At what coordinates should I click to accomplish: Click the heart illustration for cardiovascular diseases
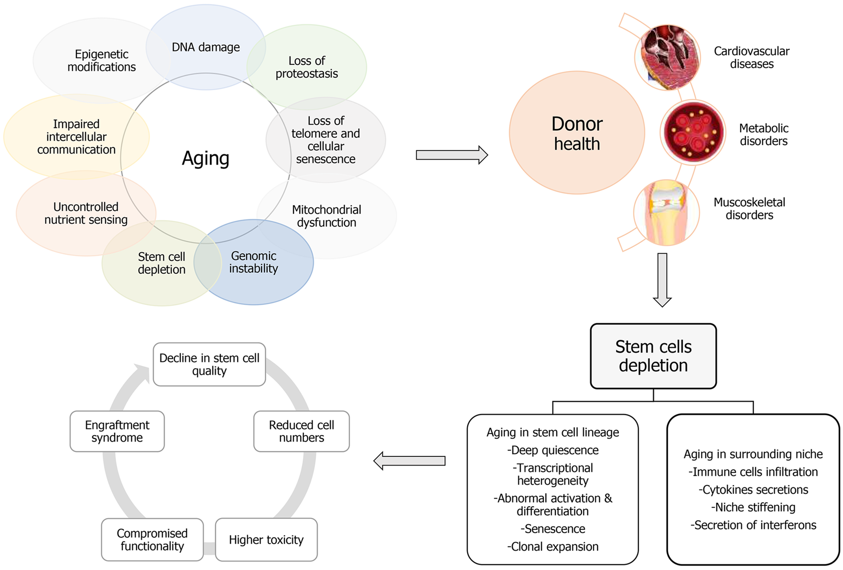pos(667,57)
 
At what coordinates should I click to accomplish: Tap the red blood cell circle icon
pos(693,132)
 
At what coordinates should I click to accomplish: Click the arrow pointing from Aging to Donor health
pos(452,155)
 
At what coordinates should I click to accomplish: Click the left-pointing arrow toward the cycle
pos(409,461)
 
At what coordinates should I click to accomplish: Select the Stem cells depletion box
pos(653,356)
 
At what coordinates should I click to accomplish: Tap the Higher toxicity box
pos(266,539)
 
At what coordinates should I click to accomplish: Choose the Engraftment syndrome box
pos(117,431)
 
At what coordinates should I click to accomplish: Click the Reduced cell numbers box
pos(302,431)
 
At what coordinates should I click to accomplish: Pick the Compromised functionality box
pos(152,539)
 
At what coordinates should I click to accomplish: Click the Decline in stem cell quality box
pos(209,364)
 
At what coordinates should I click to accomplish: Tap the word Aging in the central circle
pos(206,158)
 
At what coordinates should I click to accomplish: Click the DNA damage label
pos(206,47)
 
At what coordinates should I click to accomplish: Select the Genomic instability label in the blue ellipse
pos(253,262)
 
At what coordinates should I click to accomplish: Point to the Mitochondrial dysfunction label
pos(327,216)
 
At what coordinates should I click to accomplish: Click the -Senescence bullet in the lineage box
pos(553,529)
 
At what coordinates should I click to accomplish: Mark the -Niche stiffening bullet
pos(753,507)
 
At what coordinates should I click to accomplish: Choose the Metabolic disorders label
pos(764,134)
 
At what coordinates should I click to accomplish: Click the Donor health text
pos(577,133)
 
